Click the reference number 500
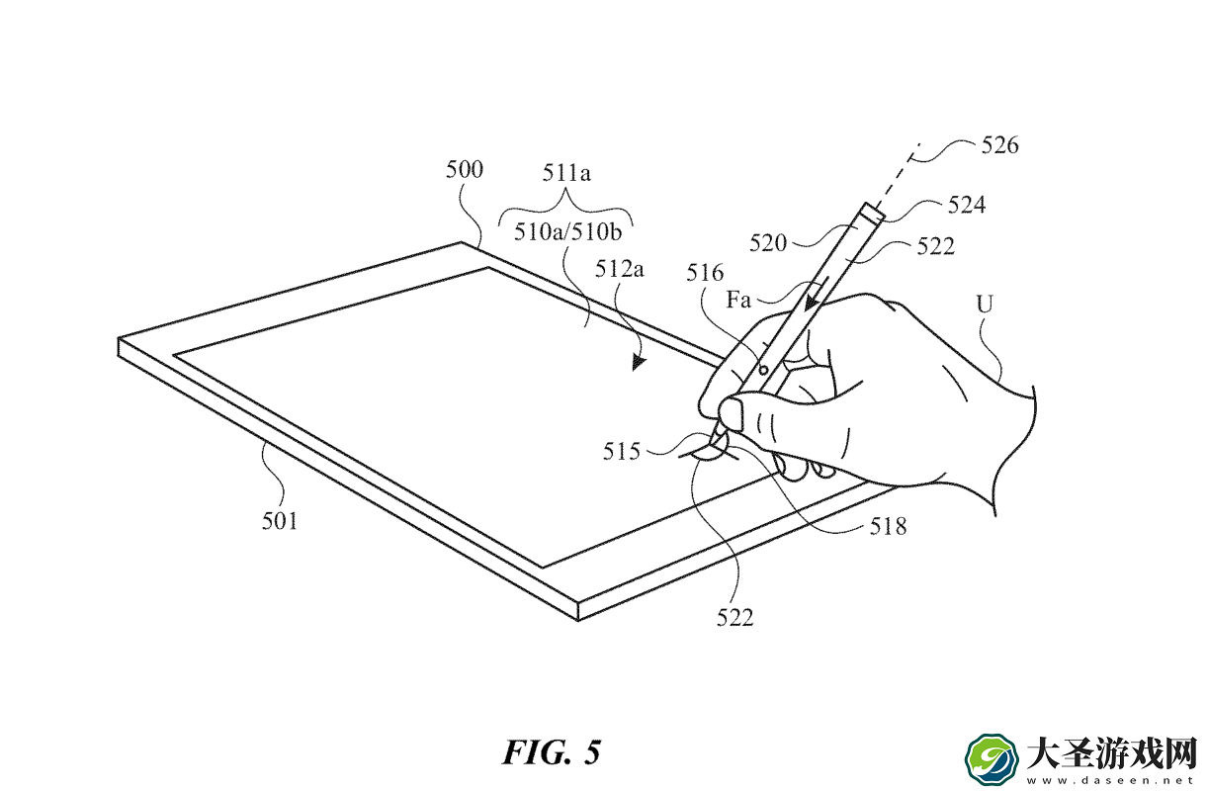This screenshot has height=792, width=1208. point(464,169)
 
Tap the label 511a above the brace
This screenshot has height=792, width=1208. point(566,173)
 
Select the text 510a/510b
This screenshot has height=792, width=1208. point(567,232)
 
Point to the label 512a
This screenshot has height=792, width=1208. point(619,269)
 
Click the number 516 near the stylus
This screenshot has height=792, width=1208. point(704,273)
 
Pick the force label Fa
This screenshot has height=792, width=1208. point(738,300)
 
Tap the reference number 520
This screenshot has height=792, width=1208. point(768,243)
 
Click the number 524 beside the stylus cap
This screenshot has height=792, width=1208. point(967,205)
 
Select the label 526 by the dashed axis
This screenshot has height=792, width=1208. point(999,145)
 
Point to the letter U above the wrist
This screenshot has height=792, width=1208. point(985,305)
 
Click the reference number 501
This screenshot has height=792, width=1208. point(280,521)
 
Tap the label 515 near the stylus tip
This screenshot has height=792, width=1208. point(621,452)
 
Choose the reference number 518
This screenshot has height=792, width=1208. point(888,527)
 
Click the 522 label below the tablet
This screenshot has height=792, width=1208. point(734,618)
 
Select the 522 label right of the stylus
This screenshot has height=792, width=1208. point(935,246)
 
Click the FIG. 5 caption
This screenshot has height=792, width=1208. point(552,752)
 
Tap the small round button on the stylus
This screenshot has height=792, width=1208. point(763,370)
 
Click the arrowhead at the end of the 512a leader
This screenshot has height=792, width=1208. point(639,363)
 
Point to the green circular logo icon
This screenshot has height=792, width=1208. point(992,760)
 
